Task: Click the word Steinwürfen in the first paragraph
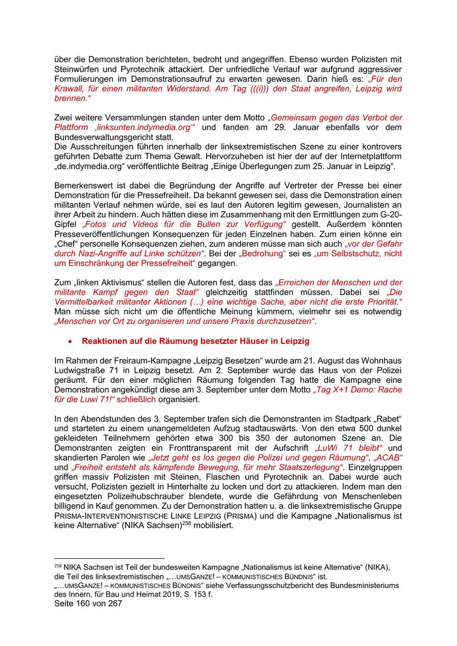[76, 69]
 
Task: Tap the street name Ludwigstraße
[79, 370]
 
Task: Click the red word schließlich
[136, 399]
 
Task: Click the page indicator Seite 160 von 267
[88, 603]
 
